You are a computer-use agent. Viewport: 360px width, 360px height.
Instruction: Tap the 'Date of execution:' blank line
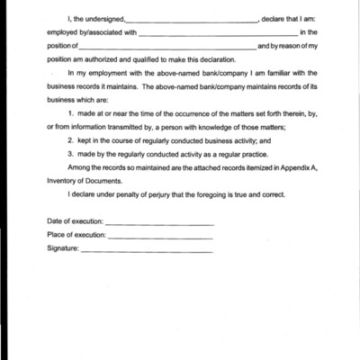(159, 223)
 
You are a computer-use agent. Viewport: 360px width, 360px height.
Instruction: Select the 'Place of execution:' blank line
(160, 237)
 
